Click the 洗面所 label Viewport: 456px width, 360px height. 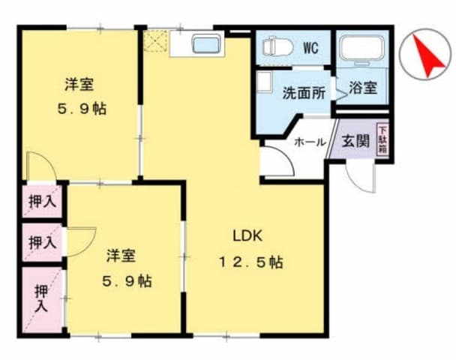(x=303, y=94)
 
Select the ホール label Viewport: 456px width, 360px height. (x=308, y=142)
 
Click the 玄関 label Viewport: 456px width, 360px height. (x=355, y=141)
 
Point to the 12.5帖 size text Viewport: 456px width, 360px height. (x=250, y=262)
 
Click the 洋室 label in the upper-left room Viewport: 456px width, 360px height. (x=78, y=84)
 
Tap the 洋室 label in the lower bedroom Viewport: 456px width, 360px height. (x=120, y=255)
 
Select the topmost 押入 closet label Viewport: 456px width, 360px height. (x=41, y=201)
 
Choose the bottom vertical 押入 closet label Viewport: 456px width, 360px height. (x=40, y=297)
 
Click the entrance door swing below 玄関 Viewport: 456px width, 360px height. (x=360, y=176)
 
